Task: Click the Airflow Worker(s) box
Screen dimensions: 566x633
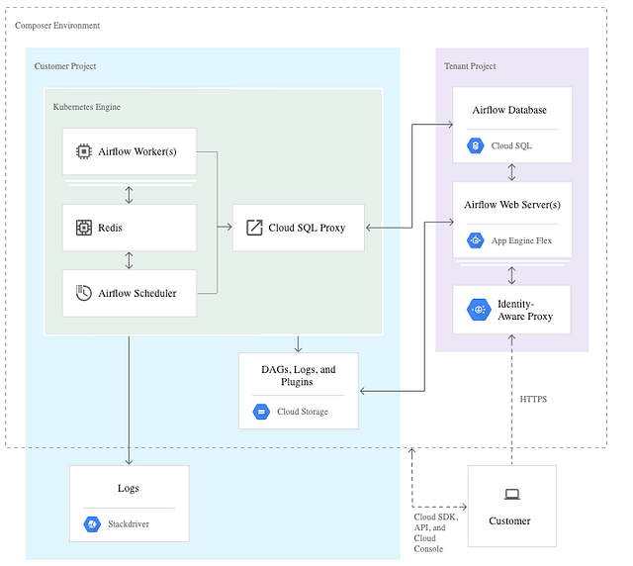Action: [129, 152]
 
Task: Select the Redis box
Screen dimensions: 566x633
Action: [129, 228]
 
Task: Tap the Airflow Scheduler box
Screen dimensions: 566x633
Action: [129, 293]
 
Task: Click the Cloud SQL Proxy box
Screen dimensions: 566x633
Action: [298, 228]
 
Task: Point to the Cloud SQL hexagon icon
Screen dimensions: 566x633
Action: [475, 145]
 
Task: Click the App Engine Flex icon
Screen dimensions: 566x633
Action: [475, 240]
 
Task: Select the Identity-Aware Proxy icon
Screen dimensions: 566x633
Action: [479, 309]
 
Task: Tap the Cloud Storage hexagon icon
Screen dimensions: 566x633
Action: [261, 412]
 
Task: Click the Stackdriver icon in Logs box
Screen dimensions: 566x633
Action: [92, 523]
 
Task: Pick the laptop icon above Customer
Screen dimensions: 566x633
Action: [511, 495]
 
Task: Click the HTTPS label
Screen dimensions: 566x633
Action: [534, 399]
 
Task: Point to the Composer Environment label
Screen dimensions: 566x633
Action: [57, 25]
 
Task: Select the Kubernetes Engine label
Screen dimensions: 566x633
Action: [86, 105]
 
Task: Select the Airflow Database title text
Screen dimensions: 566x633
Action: [508, 110]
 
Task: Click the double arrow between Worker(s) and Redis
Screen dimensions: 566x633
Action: [129, 193]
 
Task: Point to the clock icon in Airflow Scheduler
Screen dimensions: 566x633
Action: [84, 293]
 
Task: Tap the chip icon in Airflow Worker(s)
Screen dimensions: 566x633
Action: [84, 152]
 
